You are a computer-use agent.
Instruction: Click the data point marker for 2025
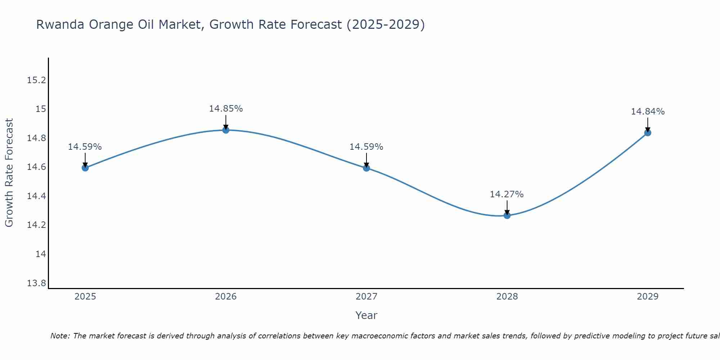(85, 167)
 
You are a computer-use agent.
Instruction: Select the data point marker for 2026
(226, 130)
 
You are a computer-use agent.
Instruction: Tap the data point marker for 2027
(366, 167)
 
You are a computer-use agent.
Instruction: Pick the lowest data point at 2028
(507, 215)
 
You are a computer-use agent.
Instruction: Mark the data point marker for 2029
(648, 132)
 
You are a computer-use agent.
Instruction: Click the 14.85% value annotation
(226, 108)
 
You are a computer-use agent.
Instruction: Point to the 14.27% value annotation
(507, 194)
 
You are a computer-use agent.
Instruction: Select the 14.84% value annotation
(648, 112)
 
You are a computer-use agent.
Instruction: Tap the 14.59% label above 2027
(366, 147)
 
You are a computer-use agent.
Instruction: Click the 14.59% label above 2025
(85, 147)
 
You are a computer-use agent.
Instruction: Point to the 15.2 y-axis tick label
(37, 80)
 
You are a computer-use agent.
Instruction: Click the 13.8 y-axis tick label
(37, 283)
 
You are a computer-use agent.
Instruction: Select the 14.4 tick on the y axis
(37, 196)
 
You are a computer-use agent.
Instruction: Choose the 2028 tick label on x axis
(507, 297)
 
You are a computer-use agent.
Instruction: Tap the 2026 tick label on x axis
(226, 297)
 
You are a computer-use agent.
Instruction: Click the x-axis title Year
(366, 315)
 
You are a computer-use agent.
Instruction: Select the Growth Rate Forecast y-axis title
(9, 173)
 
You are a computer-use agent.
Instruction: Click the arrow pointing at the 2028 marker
(507, 208)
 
